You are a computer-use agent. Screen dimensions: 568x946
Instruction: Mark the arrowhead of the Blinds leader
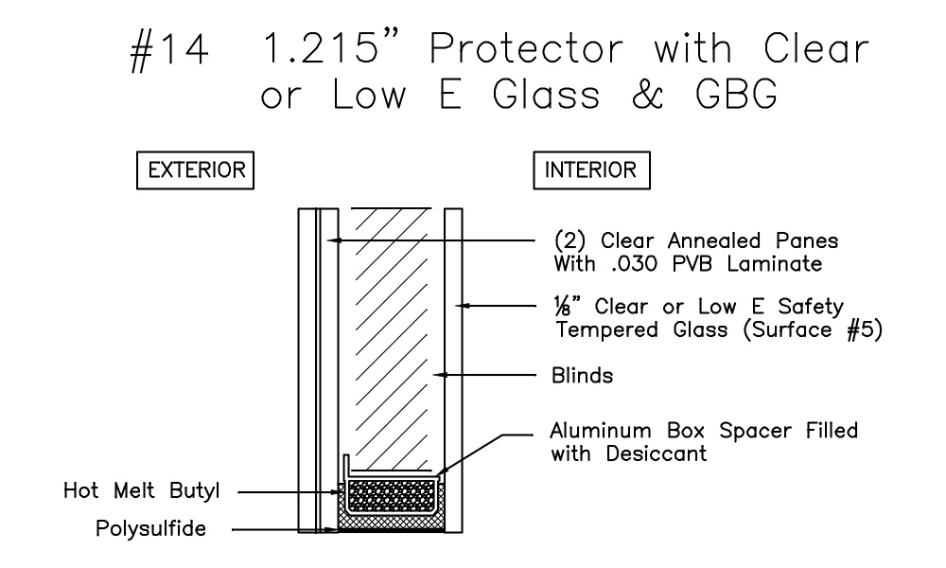(438, 376)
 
